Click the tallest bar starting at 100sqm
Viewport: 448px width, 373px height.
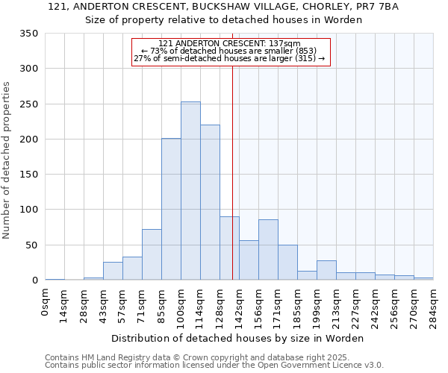(190, 191)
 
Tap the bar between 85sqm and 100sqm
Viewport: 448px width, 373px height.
(171, 210)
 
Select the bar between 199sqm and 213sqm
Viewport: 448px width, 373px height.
(326, 271)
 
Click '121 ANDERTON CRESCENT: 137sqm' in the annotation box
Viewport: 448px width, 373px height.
(230, 44)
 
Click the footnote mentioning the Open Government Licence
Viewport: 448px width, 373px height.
(214, 365)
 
